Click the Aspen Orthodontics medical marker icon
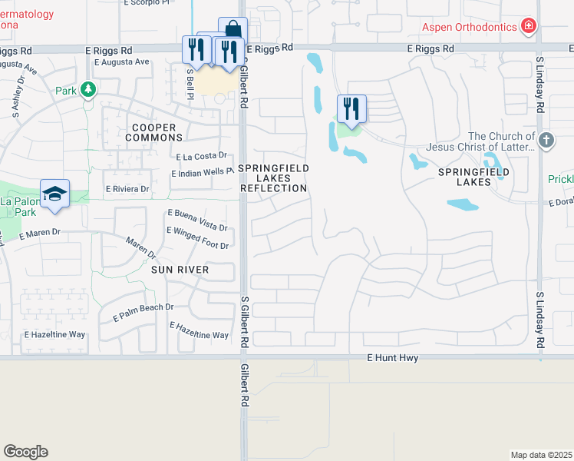[528, 28]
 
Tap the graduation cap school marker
[54, 194]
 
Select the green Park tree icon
[89, 90]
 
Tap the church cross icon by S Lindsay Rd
[546, 140]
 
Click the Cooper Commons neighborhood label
[153, 132]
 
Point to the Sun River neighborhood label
[180, 270]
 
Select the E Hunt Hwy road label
[392, 358]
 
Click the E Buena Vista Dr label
[197, 220]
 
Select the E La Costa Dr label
[201, 156]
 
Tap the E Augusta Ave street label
[122, 62]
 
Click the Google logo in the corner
[25, 452]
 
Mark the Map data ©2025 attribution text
[541, 455]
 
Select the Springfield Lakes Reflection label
[274, 178]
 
